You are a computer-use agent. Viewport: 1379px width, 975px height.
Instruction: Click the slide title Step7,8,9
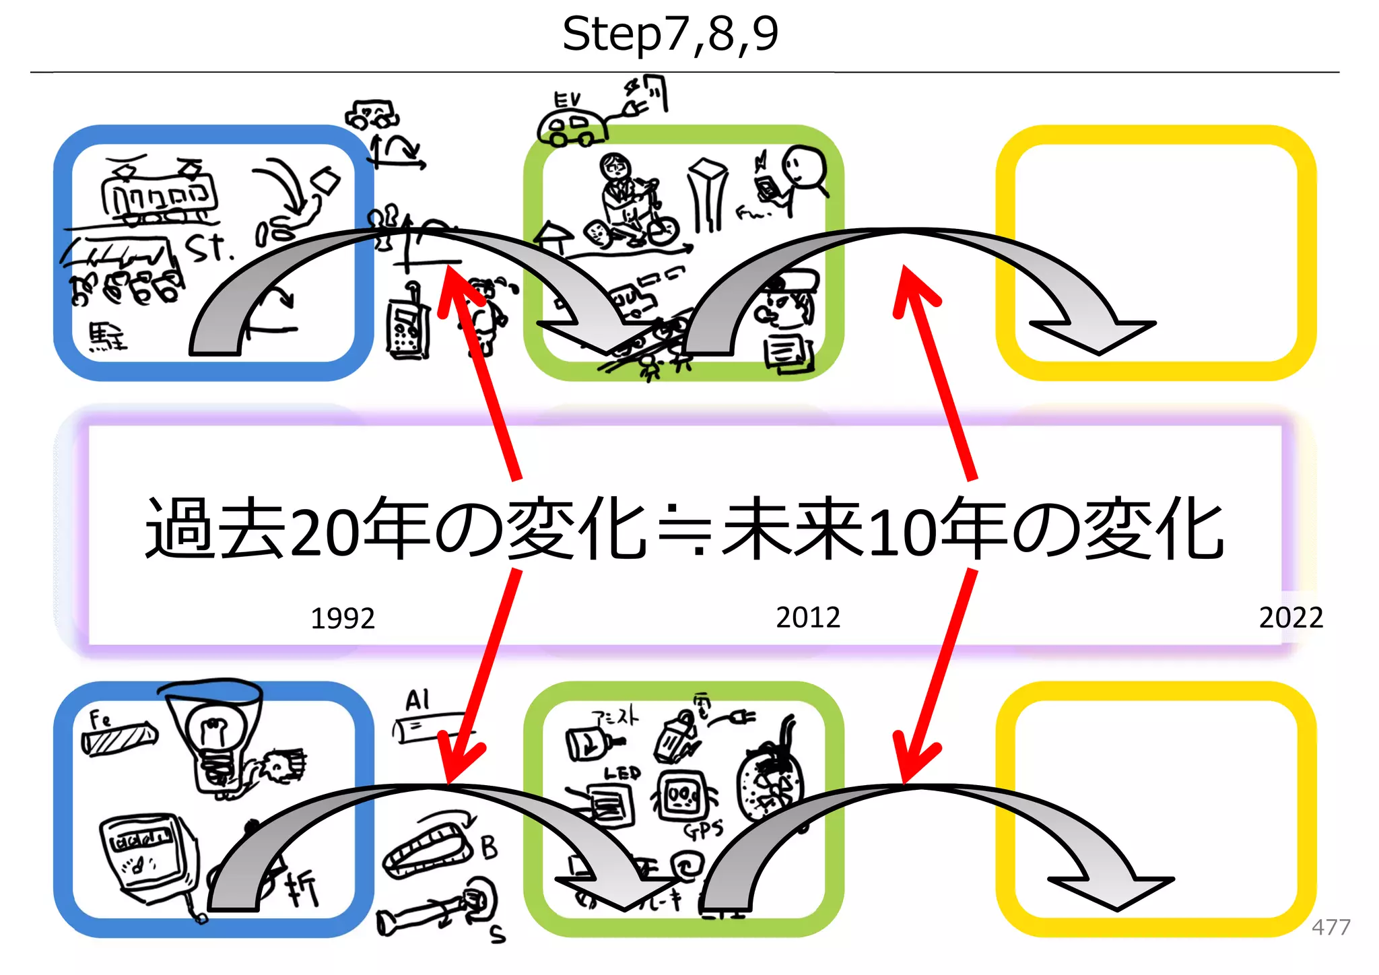670,34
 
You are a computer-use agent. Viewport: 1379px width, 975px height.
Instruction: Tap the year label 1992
342,618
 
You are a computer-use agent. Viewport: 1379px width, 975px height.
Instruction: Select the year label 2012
807,617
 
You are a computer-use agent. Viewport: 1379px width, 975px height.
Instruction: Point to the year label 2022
1290,617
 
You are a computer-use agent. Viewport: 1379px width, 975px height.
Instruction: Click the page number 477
1331,927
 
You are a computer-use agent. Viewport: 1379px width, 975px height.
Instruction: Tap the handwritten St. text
209,248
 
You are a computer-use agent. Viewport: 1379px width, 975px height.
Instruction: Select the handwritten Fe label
100,719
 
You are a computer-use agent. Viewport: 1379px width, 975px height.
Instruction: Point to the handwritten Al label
417,700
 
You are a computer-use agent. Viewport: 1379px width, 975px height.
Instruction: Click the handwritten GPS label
703,830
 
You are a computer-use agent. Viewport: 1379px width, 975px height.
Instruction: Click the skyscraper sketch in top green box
707,195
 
